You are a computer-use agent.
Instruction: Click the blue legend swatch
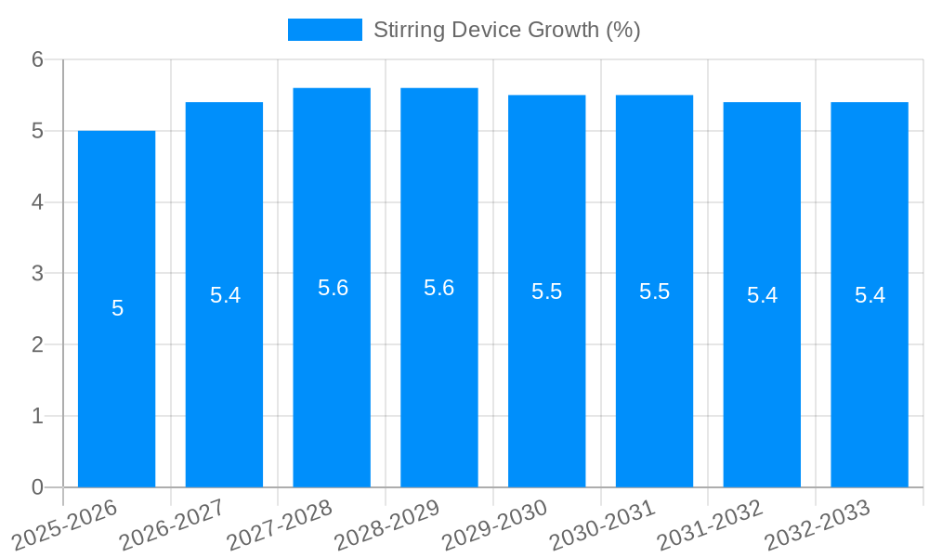tap(324, 30)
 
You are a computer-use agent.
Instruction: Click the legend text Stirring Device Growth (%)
tap(506, 30)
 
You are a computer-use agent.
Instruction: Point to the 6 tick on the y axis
tap(37, 59)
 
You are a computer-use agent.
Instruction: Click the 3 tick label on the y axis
tap(37, 274)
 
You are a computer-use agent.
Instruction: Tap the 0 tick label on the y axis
tap(37, 487)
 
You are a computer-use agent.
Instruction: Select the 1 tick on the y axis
tap(37, 416)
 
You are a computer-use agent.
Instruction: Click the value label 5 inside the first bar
tap(117, 308)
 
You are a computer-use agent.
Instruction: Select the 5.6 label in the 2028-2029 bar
tap(438, 288)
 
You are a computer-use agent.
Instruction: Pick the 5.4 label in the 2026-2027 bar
tap(225, 295)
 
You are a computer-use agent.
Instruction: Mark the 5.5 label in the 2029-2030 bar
tap(546, 291)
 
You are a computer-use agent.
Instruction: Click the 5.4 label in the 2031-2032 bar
tap(762, 295)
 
